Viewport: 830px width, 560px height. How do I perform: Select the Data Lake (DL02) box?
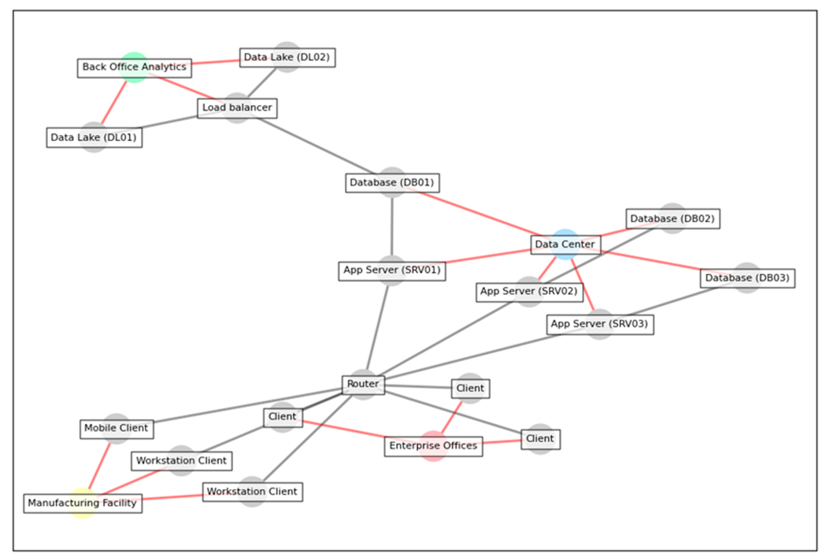pyautogui.click(x=287, y=57)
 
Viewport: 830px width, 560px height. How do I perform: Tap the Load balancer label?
pyautogui.click(x=237, y=108)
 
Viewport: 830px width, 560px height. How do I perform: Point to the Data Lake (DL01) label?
pyautogui.click(x=94, y=137)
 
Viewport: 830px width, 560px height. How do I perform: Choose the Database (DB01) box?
pyautogui.click(x=392, y=183)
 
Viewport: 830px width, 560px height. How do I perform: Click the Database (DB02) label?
pyautogui.click(x=673, y=219)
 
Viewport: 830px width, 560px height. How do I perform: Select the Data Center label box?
pyautogui.click(x=565, y=245)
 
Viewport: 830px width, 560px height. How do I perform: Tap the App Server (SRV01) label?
pyautogui.click(x=392, y=271)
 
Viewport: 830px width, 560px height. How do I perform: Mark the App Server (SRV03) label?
pyautogui.click(x=600, y=324)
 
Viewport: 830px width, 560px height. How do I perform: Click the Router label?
pyautogui.click(x=363, y=384)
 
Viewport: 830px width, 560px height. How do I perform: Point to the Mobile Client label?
pyautogui.click(x=116, y=429)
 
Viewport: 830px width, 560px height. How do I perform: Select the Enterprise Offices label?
pyautogui.click(x=433, y=446)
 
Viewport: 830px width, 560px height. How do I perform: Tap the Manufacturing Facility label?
pyautogui.click(x=82, y=503)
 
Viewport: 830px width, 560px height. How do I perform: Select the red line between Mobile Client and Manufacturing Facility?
pyautogui.click(x=100, y=465)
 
